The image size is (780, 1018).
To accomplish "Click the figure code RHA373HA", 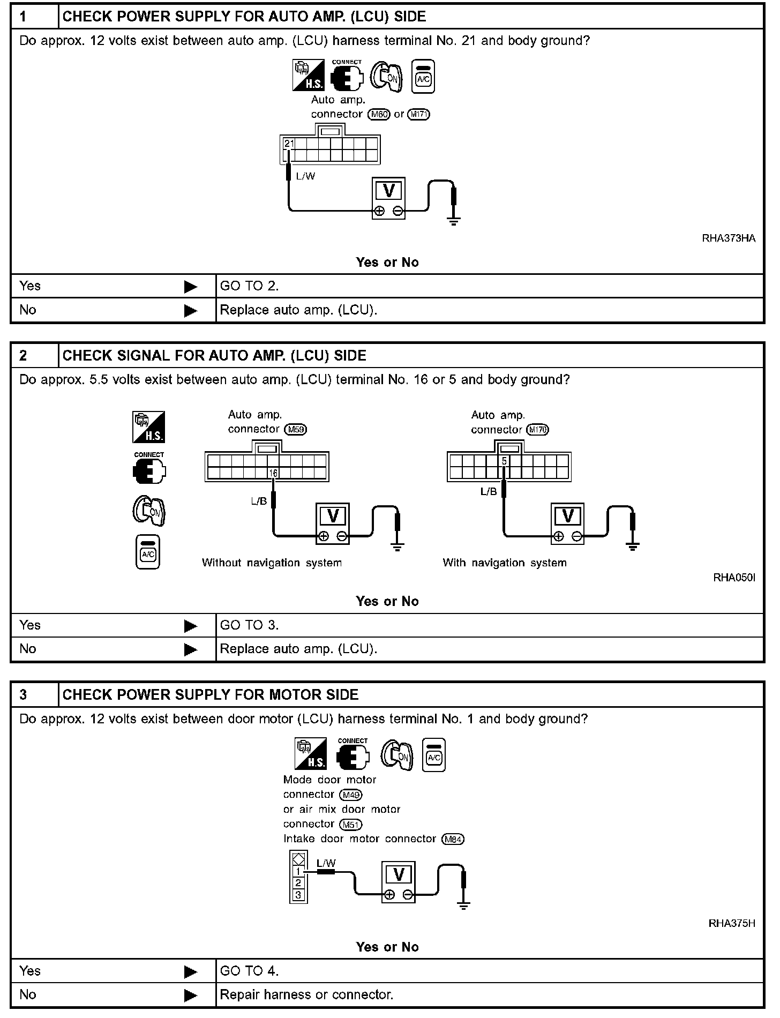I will click(729, 238).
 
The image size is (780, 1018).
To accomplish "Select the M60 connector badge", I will click(379, 114).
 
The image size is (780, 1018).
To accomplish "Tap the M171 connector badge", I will click(418, 114).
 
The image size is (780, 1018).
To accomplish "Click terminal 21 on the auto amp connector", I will click(289, 144).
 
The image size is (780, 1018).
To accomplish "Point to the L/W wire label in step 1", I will click(305, 176).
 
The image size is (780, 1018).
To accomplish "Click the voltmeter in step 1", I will click(389, 198).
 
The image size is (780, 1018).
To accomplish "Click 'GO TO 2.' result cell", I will click(249, 286).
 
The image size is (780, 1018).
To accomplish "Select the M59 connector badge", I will click(297, 429).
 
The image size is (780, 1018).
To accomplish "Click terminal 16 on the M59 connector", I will click(273, 473).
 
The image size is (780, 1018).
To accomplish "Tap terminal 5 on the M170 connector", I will click(504, 461).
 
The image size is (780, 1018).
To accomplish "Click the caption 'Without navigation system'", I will click(272, 563).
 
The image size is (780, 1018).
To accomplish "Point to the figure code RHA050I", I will click(734, 578).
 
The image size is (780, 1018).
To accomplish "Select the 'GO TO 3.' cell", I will click(249, 625).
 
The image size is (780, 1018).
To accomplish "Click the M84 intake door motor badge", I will click(453, 839).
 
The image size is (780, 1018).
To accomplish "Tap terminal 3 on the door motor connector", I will click(298, 895).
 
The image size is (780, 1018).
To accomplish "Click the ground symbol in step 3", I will click(464, 905).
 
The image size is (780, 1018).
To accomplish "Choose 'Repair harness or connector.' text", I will click(306, 995).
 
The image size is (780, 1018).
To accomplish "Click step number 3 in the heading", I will click(24, 695).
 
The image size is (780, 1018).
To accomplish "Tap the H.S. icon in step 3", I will click(311, 754).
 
